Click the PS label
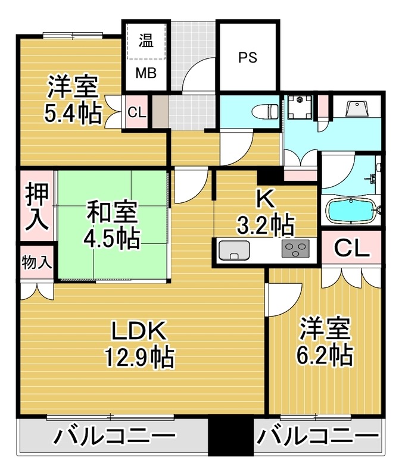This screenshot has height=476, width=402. click(x=247, y=58)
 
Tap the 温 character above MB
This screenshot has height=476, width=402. click(x=145, y=40)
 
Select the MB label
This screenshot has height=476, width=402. click(x=145, y=73)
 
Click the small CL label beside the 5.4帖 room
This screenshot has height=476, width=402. click(x=136, y=112)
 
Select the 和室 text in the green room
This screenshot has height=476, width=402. click(x=113, y=212)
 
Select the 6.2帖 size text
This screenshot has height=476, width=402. click(x=324, y=355)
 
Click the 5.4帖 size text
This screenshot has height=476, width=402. click(x=73, y=114)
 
